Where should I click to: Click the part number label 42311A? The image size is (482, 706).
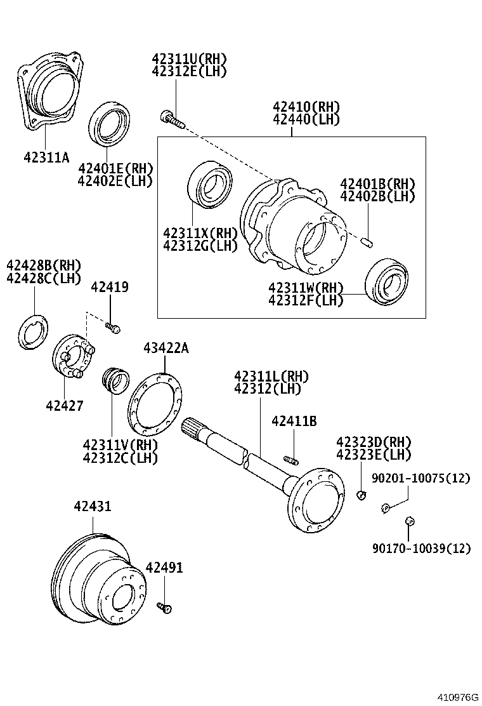[x=46, y=156]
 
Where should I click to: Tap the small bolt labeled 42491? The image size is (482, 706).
[x=166, y=608]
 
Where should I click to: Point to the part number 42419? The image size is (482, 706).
[x=109, y=288]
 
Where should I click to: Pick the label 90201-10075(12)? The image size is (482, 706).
[x=421, y=478]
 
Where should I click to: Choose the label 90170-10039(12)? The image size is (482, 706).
[x=421, y=548]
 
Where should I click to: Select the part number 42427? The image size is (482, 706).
[x=64, y=405]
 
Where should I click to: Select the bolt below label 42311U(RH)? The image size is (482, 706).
[x=170, y=118]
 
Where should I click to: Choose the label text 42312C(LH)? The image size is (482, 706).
[x=120, y=457]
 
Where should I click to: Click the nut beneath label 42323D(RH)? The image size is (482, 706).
[x=361, y=495]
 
